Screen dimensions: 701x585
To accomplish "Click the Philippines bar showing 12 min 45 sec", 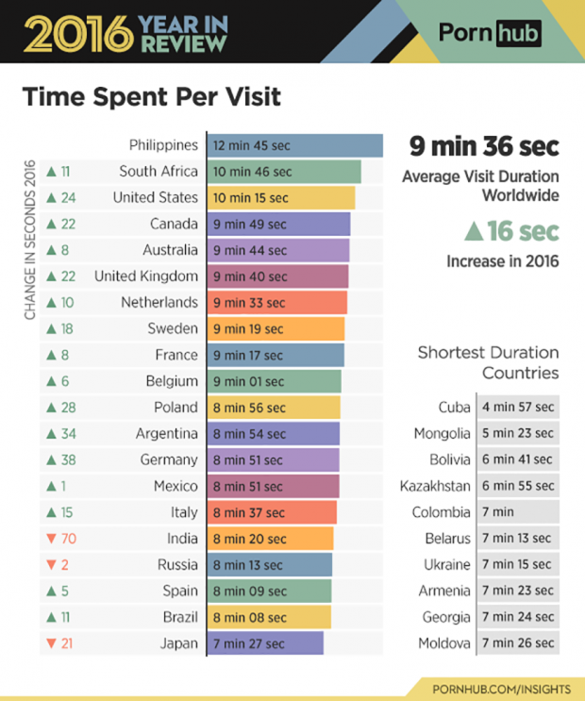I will click(294, 145).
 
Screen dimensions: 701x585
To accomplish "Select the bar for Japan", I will click(265, 643).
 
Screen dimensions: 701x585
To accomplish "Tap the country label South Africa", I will click(159, 172).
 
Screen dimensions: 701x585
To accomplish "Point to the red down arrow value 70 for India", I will click(62, 539).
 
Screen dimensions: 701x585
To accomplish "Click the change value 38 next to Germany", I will click(61, 460).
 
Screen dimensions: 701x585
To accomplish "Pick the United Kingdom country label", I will click(146, 276).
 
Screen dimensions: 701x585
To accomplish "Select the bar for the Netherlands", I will click(276, 303).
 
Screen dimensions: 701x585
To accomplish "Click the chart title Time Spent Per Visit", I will click(151, 97).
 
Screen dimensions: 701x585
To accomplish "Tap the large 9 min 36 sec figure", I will click(483, 147).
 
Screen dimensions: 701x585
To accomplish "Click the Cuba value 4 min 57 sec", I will click(518, 408).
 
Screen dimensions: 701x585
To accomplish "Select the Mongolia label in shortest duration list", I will click(442, 434).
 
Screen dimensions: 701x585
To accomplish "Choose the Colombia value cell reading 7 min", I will click(518, 512).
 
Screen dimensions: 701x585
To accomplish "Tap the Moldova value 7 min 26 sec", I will click(518, 643).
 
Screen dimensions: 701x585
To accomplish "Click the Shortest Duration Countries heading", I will click(488, 362).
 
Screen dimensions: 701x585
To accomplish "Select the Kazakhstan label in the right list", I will click(435, 487).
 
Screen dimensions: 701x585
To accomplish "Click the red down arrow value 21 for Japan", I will click(61, 643).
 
